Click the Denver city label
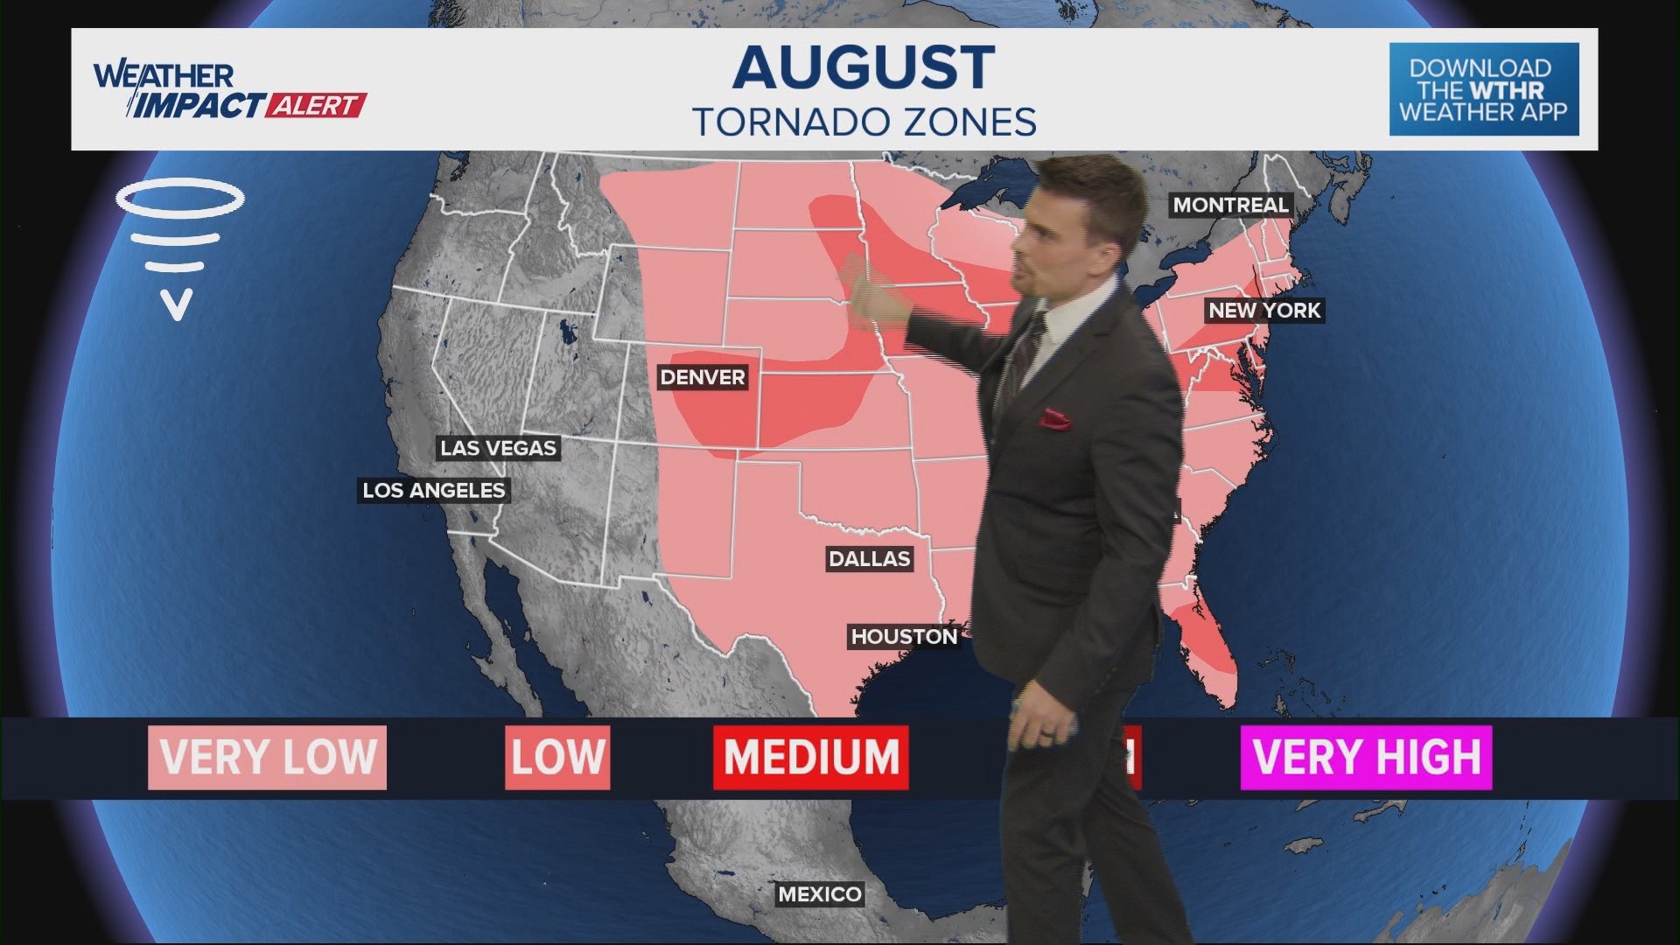(x=703, y=377)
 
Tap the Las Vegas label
(x=498, y=448)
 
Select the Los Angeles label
(x=434, y=490)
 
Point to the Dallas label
(x=870, y=558)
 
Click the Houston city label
(x=904, y=636)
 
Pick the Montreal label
(x=1230, y=205)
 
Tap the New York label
(x=1264, y=310)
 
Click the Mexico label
(x=820, y=893)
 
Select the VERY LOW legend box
(x=267, y=757)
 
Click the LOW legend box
(x=557, y=757)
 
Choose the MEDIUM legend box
(x=811, y=757)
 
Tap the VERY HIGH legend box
(x=1366, y=757)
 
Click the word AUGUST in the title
(x=864, y=66)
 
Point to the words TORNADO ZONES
(x=864, y=122)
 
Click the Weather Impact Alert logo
(x=229, y=90)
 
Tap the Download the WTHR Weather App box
(x=1484, y=89)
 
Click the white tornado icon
(x=179, y=245)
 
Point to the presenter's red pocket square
(x=1055, y=419)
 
